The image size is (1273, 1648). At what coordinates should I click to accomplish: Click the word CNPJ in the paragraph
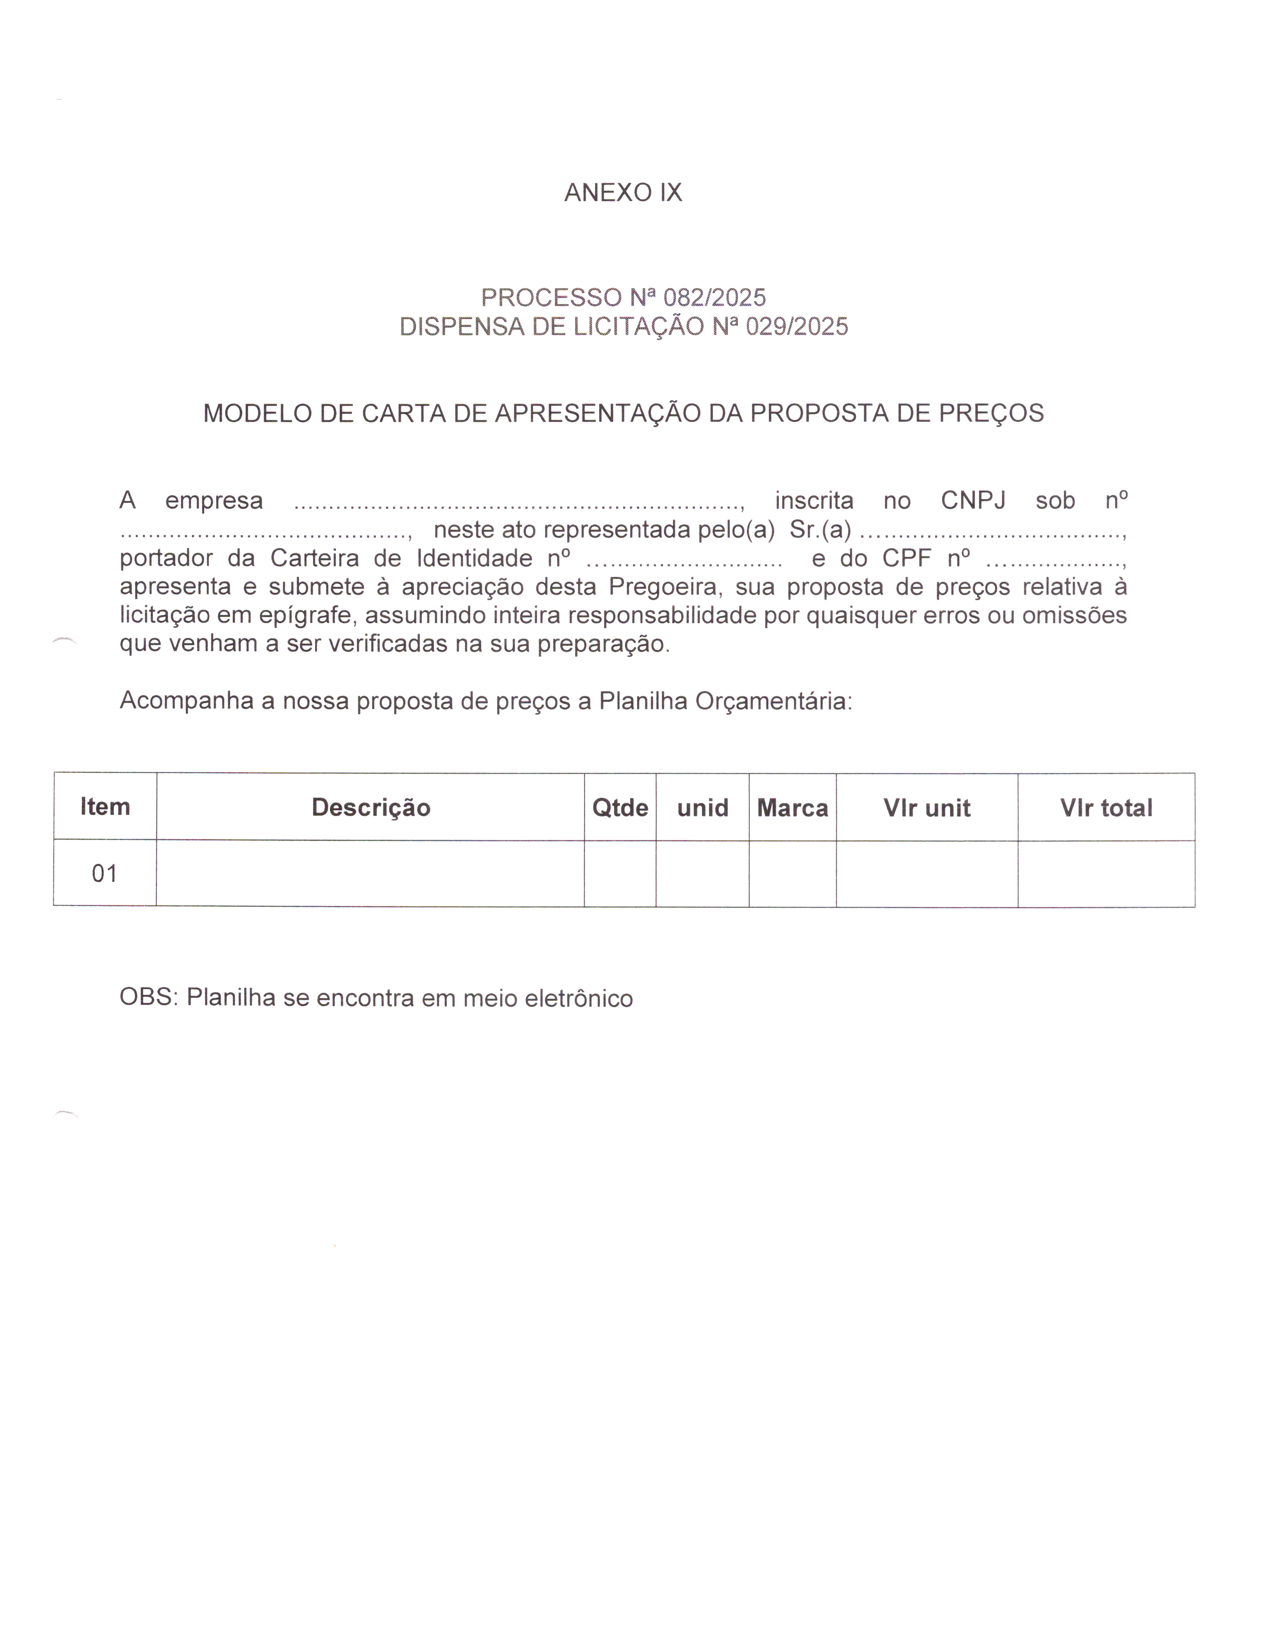click(x=973, y=500)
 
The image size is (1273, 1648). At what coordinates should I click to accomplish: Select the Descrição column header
click(x=370, y=808)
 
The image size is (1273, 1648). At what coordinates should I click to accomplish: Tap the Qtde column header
click(x=620, y=808)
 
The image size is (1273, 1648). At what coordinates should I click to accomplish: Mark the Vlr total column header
click(x=1106, y=808)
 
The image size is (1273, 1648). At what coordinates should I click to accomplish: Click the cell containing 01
click(x=105, y=874)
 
